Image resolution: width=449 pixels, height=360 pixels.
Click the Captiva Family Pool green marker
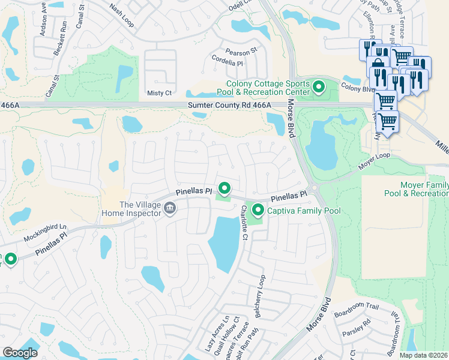pos(258,210)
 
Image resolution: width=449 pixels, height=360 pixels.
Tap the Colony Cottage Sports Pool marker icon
pos(318,88)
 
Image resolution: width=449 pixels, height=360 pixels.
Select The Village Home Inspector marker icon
pos(170,208)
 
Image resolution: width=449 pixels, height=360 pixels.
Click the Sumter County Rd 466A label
pos(230,105)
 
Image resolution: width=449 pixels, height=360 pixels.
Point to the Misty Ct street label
pos(159,93)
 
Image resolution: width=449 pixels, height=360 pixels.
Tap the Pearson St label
pos(241,52)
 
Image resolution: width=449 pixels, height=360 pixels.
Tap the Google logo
pos(20,353)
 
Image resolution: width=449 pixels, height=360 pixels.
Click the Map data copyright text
pos(423,355)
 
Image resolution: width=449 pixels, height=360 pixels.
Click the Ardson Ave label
pos(43,22)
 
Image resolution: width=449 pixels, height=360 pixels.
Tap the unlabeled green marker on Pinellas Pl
pos(224,189)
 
